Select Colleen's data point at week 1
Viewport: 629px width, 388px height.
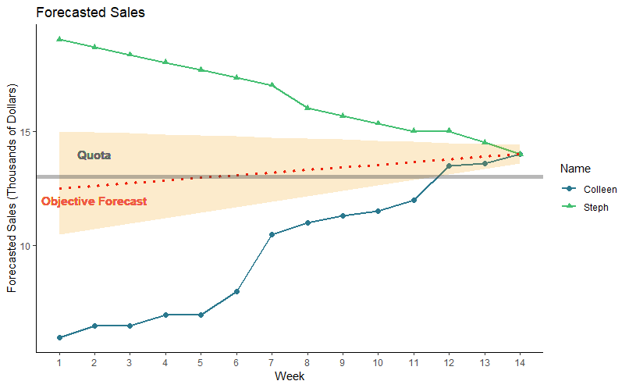tap(59, 337)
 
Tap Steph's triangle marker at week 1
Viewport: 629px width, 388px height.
tap(59, 38)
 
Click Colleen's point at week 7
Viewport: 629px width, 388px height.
tap(272, 234)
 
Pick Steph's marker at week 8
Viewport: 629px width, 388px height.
tap(307, 108)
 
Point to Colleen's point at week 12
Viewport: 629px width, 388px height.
tap(449, 166)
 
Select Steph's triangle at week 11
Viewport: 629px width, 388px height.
tap(414, 130)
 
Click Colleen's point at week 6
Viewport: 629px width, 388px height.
tap(236, 291)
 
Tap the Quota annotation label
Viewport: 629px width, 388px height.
tap(94, 155)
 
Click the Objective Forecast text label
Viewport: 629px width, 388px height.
tap(94, 201)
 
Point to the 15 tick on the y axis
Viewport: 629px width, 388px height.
tap(30, 131)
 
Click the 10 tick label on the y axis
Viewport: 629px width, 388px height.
tap(30, 246)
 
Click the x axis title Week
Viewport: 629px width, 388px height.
tap(290, 376)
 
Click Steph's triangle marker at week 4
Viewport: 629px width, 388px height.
tap(165, 62)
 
